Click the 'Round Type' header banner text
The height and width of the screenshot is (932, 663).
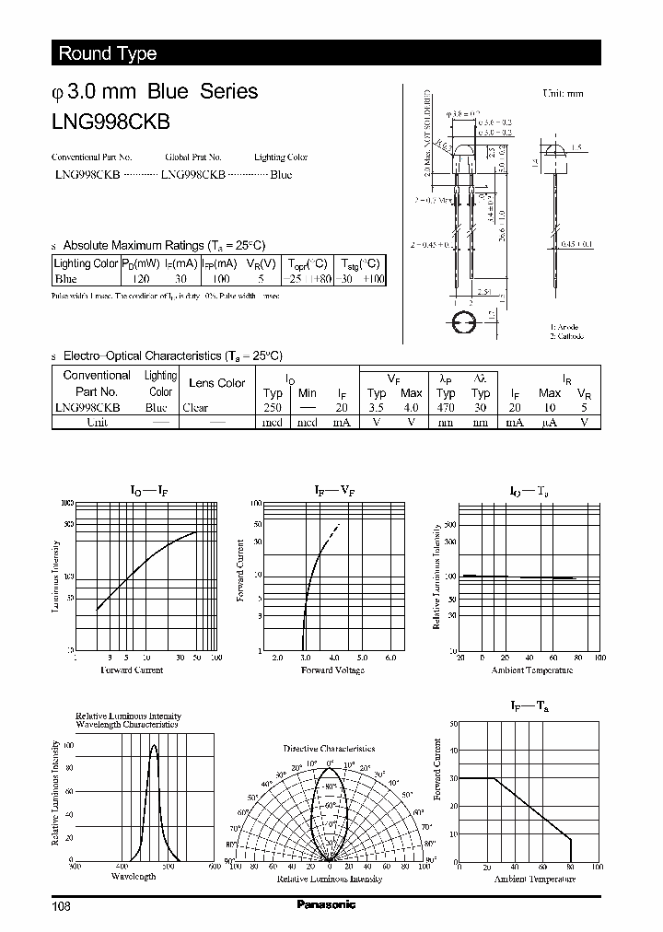point(108,53)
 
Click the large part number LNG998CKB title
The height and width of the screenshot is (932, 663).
point(110,119)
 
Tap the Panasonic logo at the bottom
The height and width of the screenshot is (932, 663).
point(326,904)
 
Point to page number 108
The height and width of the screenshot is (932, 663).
point(62,906)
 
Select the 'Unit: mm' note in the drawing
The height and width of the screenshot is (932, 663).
point(563,94)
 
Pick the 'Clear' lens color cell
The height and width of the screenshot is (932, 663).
point(195,407)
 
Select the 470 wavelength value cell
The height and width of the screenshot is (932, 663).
point(446,407)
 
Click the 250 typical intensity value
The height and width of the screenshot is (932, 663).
point(273,407)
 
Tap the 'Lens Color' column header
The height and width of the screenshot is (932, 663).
point(216,383)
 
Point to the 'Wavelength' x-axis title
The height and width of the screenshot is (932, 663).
point(134,876)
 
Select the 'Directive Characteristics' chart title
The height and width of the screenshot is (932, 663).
point(329,749)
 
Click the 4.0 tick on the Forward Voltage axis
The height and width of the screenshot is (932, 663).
point(333,658)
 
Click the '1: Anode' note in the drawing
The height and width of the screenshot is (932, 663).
point(564,327)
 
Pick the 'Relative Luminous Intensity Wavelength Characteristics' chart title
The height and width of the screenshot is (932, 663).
point(128,720)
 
